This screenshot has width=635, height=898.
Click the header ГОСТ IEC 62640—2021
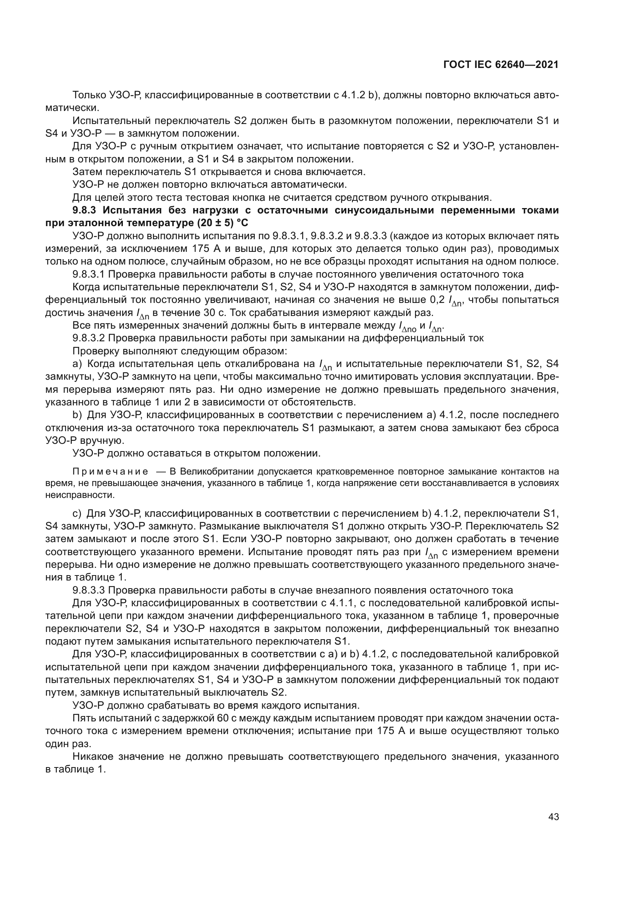click(501, 65)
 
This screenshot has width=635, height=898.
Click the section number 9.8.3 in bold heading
click(84, 210)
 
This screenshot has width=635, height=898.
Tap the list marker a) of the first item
click(77, 364)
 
